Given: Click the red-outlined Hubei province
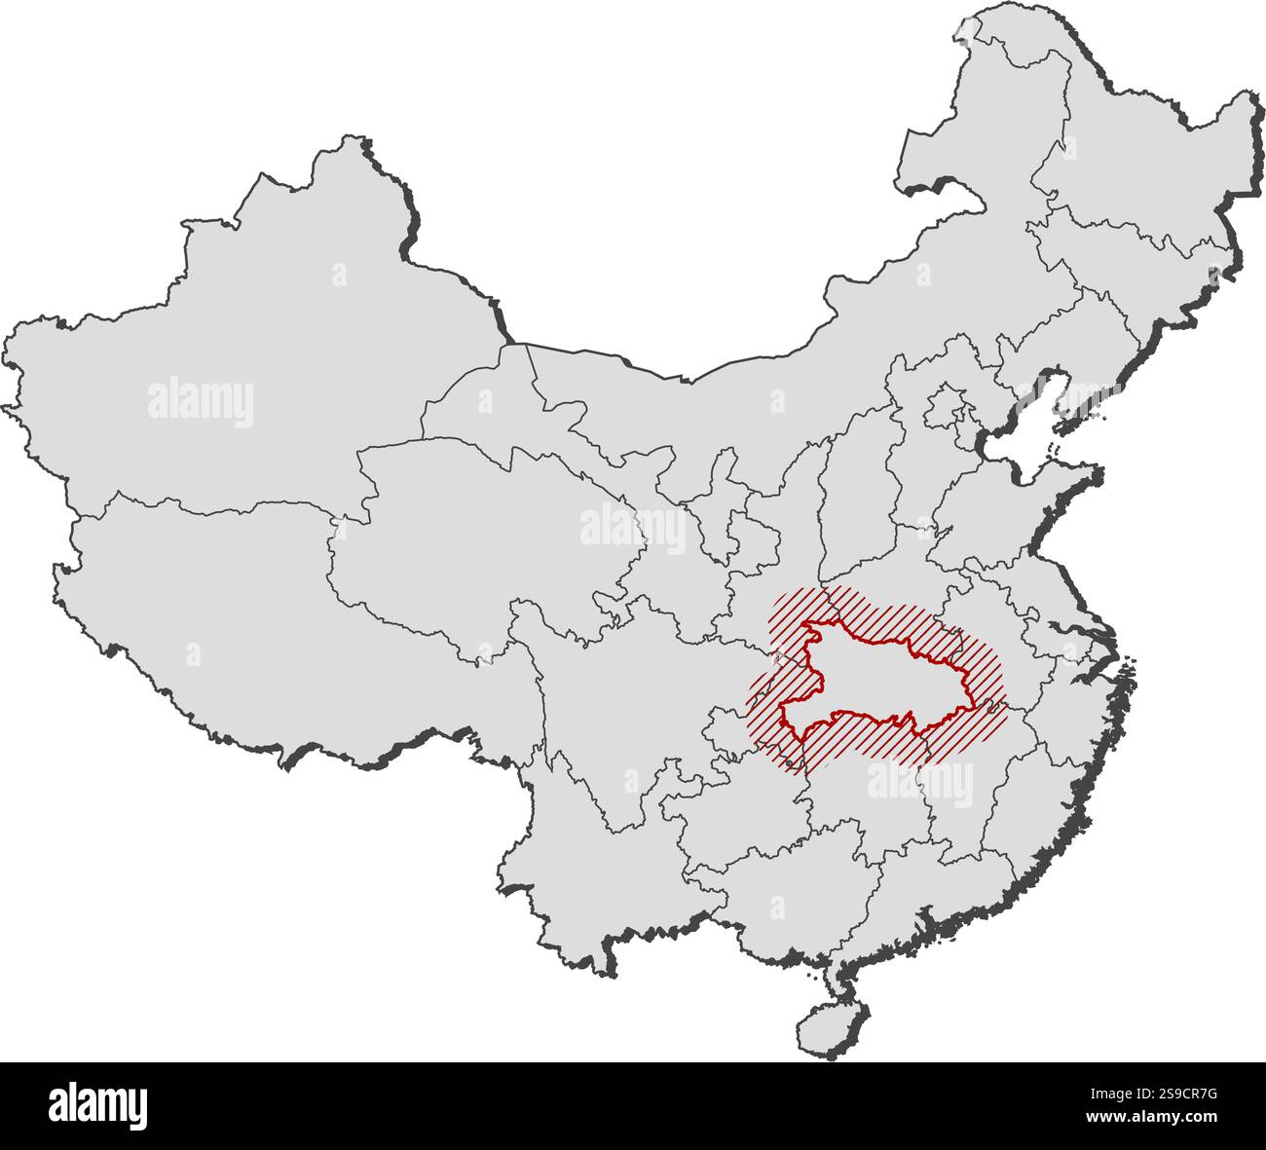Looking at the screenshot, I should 876,682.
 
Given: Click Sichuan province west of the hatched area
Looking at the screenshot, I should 623,701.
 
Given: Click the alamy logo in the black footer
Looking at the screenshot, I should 97,1106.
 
